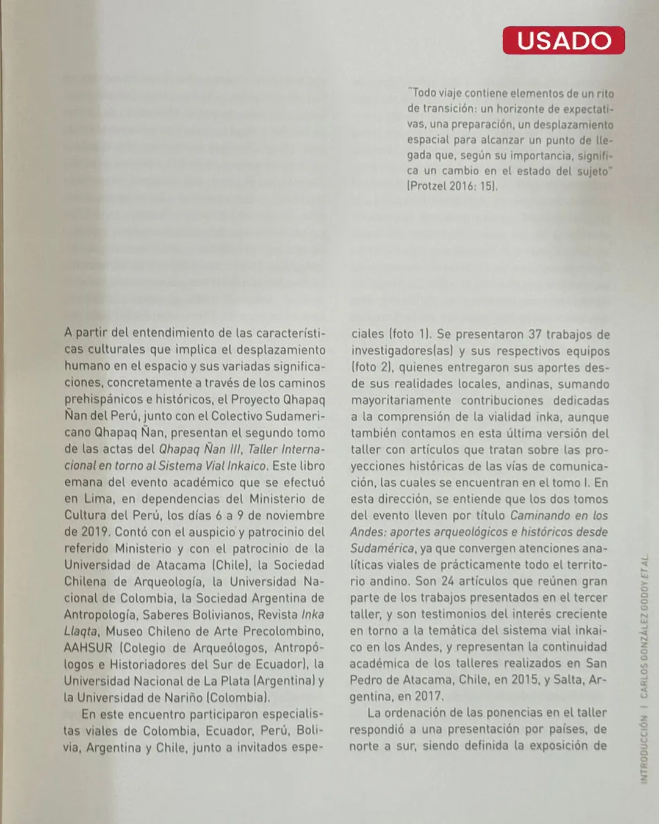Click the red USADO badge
[563, 40]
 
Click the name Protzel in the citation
[428, 186]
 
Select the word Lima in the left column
[98, 499]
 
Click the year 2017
[428, 696]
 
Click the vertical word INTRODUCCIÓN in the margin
[644, 749]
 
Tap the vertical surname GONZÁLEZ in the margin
[644, 640]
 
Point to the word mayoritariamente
[401, 400]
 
